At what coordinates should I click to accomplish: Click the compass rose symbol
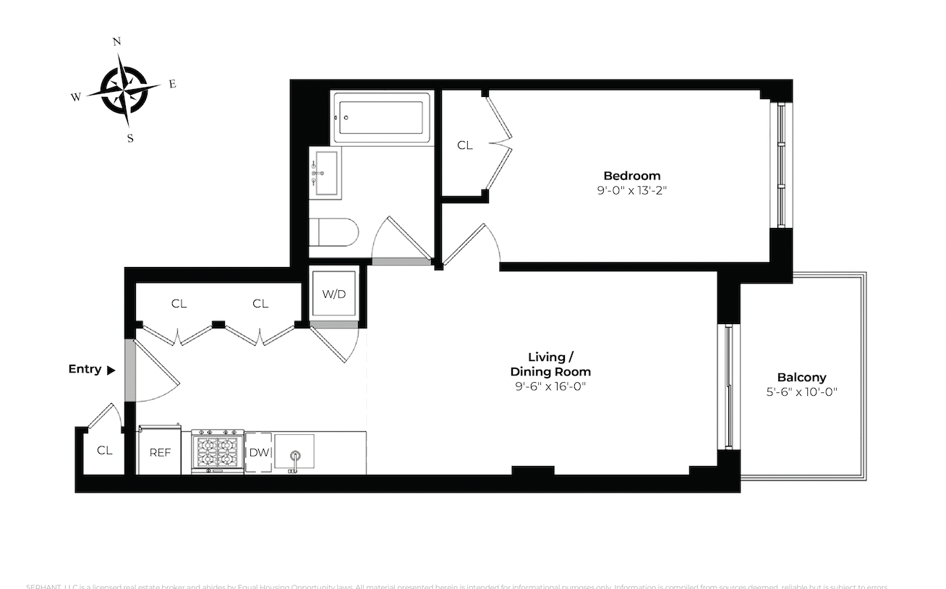[x=124, y=90]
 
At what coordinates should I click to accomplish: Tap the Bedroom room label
[x=631, y=176]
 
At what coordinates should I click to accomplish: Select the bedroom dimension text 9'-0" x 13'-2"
[x=631, y=191]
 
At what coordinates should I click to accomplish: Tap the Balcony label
[x=801, y=377]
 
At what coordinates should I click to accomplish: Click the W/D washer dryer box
[x=333, y=294]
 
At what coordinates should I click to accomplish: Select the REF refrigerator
[x=160, y=452]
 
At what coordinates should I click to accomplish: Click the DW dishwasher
[x=258, y=452]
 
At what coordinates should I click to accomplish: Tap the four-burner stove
[x=218, y=452]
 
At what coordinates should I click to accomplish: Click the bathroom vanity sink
[x=325, y=174]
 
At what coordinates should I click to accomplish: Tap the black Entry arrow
[x=111, y=370]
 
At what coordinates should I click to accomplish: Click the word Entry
[x=85, y=369]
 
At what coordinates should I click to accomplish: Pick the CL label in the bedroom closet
[x=464, y=145]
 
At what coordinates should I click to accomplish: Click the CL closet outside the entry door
[x=105, y=450]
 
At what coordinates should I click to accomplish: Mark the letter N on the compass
[x=116, y=42]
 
